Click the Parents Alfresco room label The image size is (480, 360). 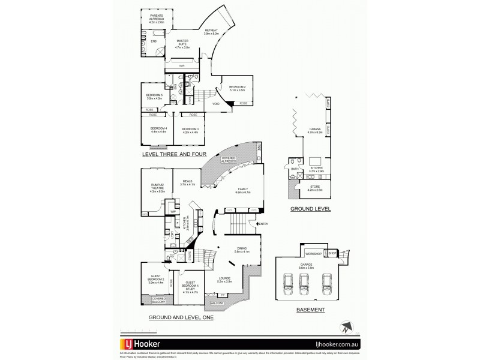point(156,18)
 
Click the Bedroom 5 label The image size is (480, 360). point(155,97)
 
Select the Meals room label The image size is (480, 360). point(188,184)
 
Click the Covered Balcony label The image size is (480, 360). point(158,300)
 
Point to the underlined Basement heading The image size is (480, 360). point(310,310)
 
